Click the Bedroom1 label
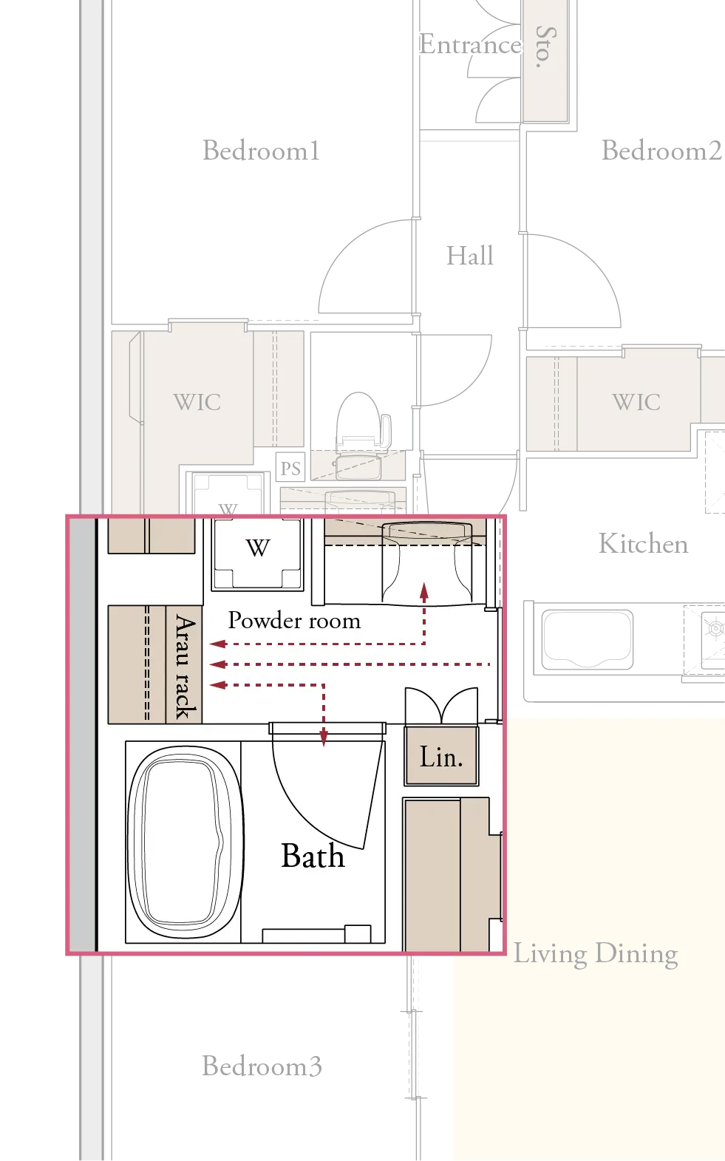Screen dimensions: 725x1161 click(261, 151)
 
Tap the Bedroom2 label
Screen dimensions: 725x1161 click(661, 151)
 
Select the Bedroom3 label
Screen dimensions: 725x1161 click(262, 1066)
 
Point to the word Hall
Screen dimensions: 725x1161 click(470, 256)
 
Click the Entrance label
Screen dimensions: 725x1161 click(470, 44)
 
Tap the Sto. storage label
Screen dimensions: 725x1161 click(545, 47)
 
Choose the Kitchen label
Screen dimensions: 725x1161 click(644, 544)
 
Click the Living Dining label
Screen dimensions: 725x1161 click(596, 954)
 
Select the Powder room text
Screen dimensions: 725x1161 click(294, 620)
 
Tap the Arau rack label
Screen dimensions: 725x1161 click(185, 667)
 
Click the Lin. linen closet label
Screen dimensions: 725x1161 click(441, 757)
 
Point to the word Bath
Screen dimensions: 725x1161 click(313, 855)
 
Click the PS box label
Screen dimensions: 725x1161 click(290, 469)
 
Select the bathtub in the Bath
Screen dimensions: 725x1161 click(185, 842)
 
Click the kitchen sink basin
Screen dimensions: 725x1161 click(587, 640)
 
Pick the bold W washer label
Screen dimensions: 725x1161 click(258, 548)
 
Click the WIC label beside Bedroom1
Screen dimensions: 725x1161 click(197, 402)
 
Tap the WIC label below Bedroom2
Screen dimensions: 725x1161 click(636, 402)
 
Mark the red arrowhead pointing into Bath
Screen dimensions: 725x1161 click(324, 738)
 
